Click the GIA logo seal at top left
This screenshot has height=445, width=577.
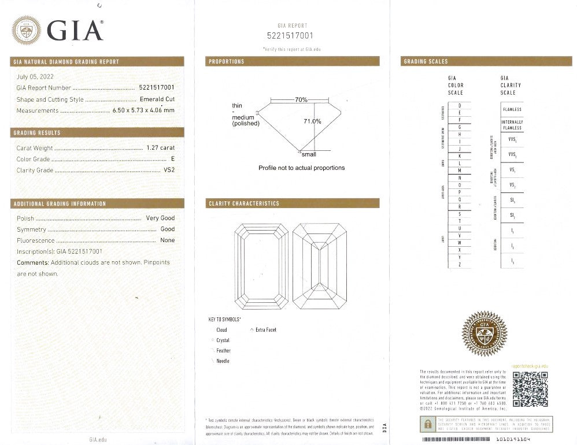[x=27, y=30]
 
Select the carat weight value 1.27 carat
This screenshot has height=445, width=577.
[x=161, y=148]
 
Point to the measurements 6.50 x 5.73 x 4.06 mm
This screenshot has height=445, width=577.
[x=143, y=110]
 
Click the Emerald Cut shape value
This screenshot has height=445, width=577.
[x=157, y=99]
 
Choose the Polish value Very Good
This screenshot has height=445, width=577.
[x=160, y=218]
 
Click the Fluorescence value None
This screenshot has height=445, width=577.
[x=167, y=240]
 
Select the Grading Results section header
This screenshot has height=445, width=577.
[x=37, y=133]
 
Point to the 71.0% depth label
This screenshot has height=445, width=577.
[x=312, y=121]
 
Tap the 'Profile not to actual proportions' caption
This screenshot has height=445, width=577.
[x=301, y=168]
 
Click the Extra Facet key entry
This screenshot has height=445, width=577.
[x=265, y=329]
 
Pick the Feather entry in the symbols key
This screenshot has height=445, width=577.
[x=223, y=351]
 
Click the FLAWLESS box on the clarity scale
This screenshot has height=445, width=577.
[x=512, y=109]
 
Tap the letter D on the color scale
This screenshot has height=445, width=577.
[x=460, y=105]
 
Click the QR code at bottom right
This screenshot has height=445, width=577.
[x=530, y=389]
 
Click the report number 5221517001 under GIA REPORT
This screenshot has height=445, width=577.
[x=292, y=35]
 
